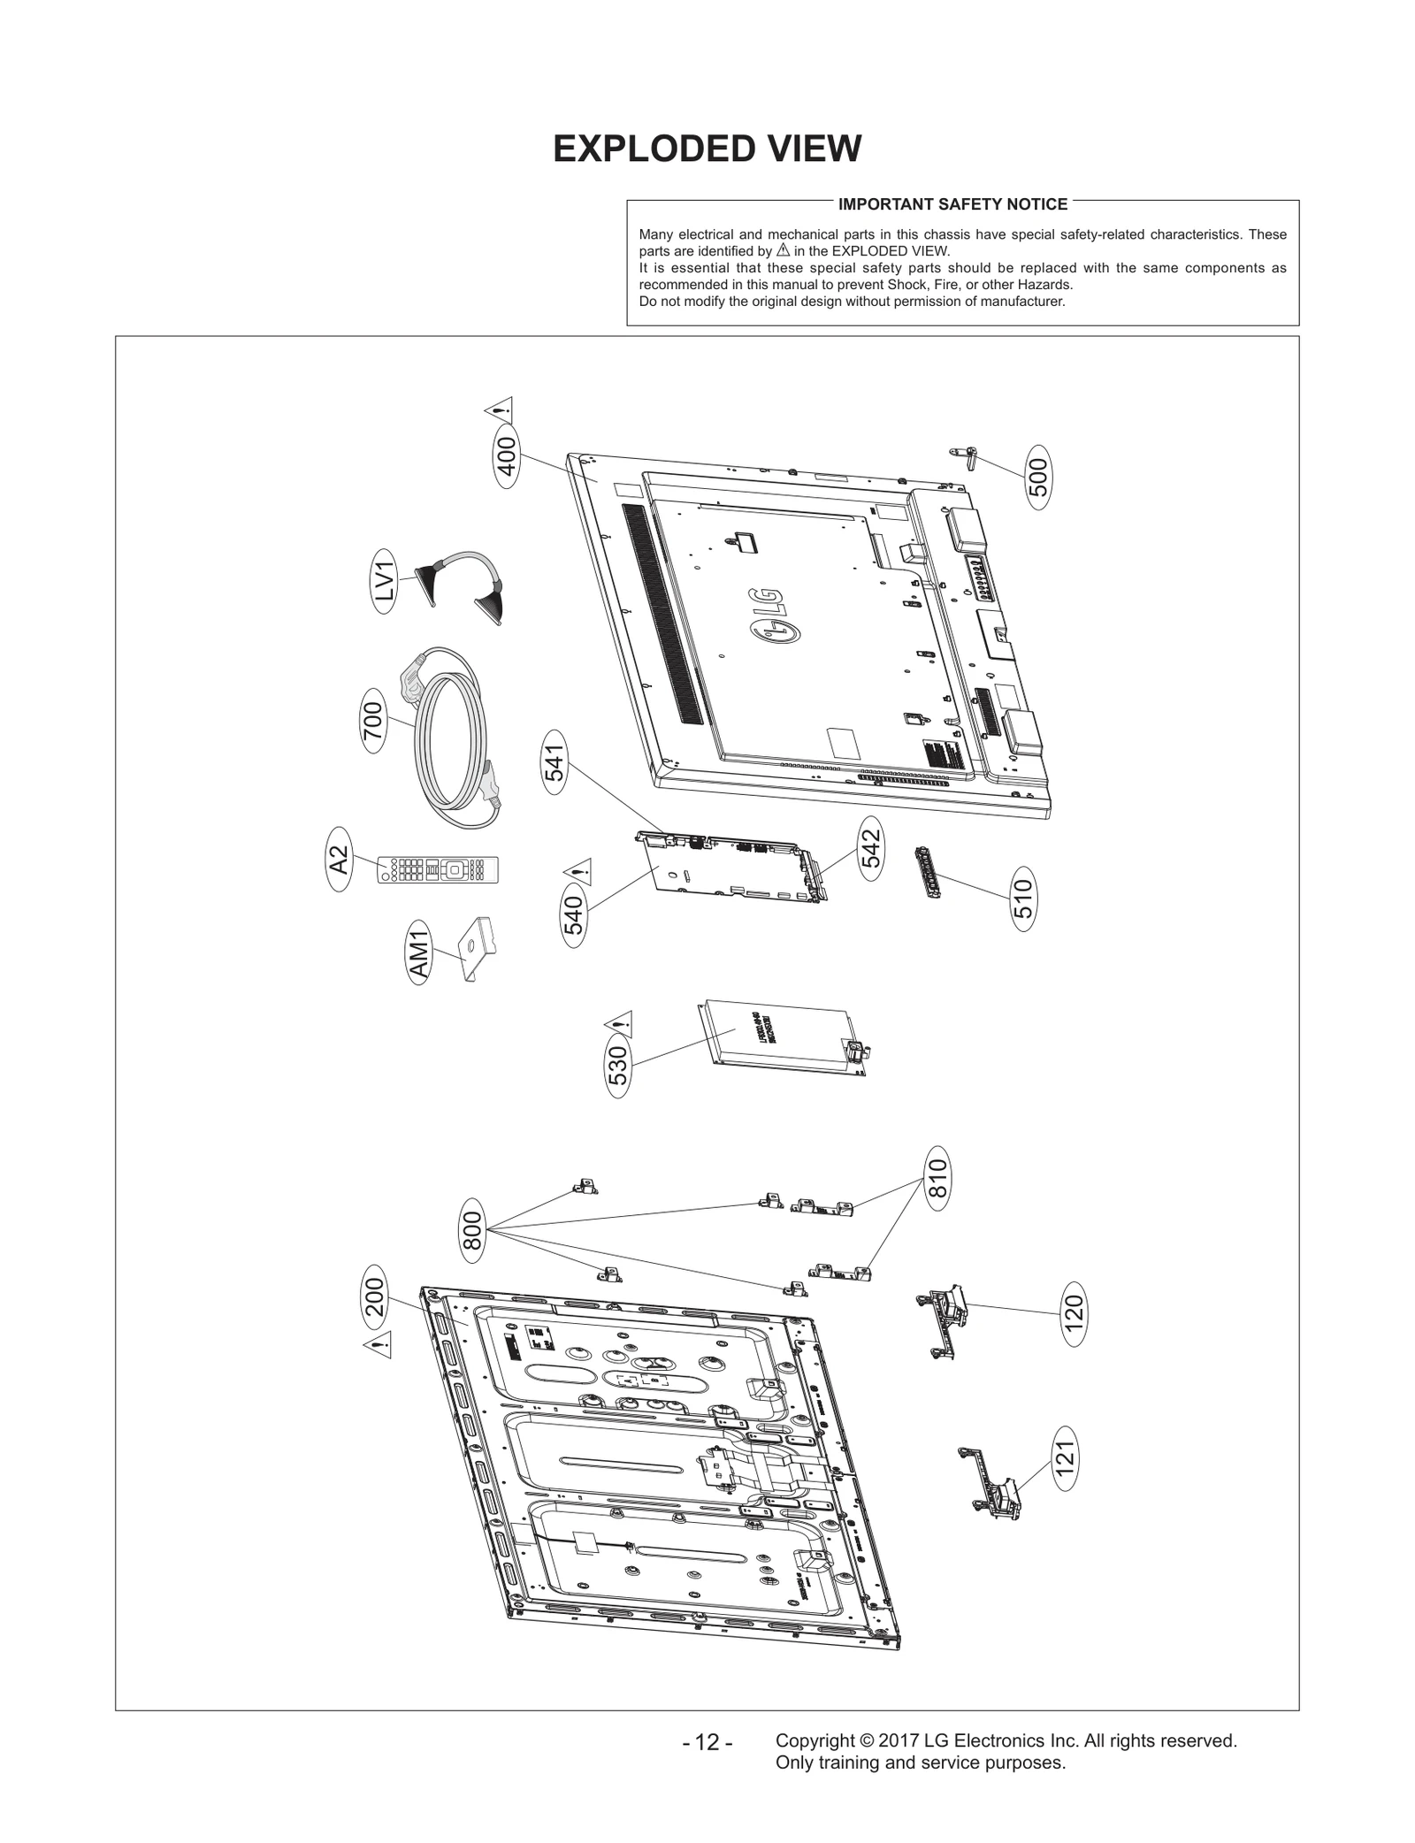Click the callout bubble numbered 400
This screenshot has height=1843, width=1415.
507,456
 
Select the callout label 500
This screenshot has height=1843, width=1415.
1040,478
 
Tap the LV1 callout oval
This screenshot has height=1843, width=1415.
385,581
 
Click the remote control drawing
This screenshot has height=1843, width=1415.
438,868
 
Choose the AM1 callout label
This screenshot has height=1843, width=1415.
419,954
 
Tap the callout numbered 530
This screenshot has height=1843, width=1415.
619,1065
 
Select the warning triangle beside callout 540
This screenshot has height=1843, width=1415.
578,871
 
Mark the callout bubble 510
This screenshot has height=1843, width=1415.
1023,898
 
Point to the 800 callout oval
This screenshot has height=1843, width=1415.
472,1230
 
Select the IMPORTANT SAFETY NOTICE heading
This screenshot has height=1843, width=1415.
952,204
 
